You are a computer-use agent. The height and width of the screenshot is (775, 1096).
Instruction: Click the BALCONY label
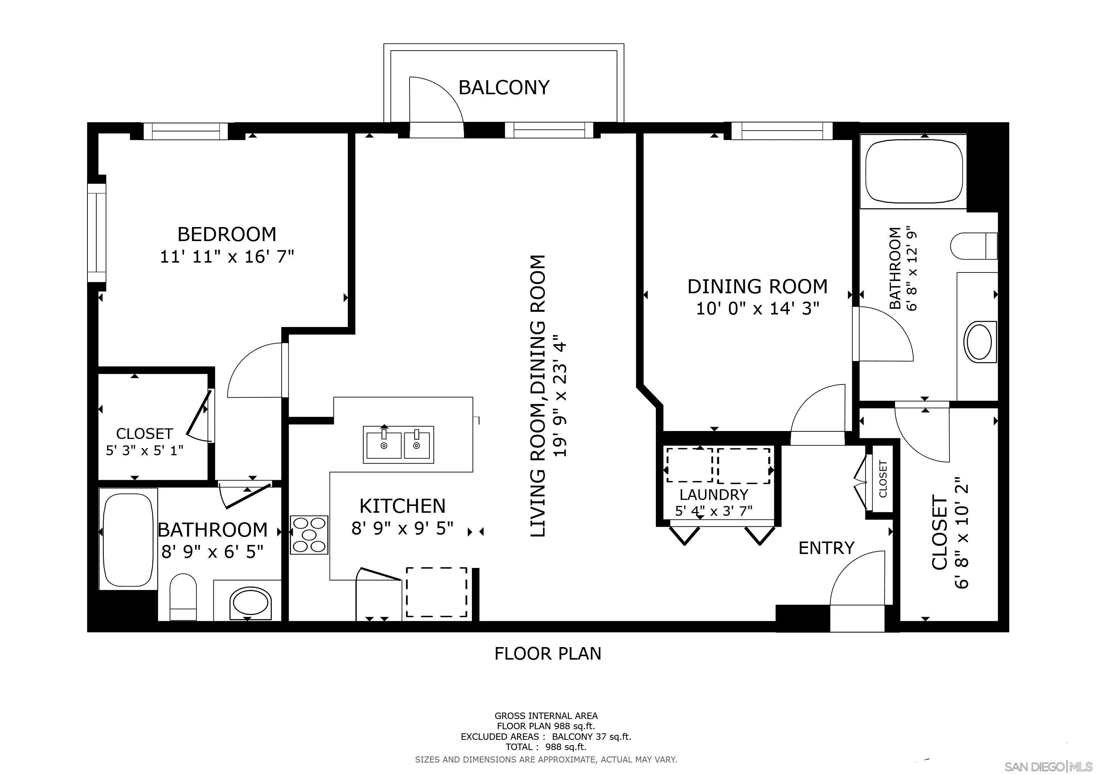[504, 87]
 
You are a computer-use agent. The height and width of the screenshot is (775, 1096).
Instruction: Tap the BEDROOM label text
[227, 234]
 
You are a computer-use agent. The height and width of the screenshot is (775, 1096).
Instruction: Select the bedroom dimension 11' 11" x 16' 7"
[227, 257]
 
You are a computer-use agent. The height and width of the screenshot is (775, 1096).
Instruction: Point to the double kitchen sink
[399, 445]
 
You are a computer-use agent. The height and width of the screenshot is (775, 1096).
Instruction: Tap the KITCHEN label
[402, 506]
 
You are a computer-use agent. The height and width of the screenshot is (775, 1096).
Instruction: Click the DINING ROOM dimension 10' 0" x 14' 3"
[758, 309]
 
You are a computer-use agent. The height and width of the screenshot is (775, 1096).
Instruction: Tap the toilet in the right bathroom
[974, 246]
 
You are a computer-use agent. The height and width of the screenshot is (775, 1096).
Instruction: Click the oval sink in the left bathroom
[249, 601]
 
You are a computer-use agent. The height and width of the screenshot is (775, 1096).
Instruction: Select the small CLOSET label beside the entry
[883, 479]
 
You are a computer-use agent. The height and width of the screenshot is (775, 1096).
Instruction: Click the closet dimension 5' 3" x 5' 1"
[145, 450]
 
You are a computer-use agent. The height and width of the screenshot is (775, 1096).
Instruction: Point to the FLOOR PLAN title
[548, 653]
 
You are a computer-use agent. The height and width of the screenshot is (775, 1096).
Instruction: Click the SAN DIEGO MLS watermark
[1049, 766]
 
